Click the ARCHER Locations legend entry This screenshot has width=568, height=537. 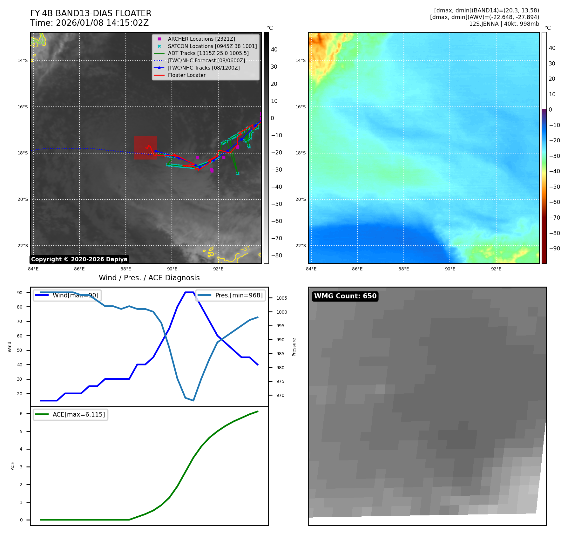click(x=201, y=39)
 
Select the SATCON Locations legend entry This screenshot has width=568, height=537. click(x=212, y=46)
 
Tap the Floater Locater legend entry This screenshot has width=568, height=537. click(x=186, y=75)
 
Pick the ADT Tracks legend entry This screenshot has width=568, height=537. click(x=208, y=53)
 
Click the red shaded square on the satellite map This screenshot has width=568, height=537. click(x=145, y=148)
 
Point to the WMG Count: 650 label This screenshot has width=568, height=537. click(x=345, y=296)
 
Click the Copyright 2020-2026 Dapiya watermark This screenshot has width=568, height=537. click(x=79, y=259)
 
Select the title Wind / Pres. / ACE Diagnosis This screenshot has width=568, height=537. click(x=149, y=278)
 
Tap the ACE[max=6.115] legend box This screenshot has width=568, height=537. click(x=71, y=414)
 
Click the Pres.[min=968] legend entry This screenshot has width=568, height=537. click(x=230, y=296)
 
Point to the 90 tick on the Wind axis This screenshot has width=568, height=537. click(x=20, y=293)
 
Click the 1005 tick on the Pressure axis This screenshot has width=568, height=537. click(x=281, y=298)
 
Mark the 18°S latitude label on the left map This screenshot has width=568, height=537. click(x=23, y=153)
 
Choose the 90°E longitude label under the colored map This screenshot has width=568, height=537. click(x=450, y=269)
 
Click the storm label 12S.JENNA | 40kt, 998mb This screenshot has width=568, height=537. click(x=504, y=24)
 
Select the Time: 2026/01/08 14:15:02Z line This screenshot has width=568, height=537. click(x=89, y=23)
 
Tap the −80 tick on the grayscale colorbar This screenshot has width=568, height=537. click(x=276, y=255)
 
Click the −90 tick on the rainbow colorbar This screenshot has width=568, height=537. click(x=554, y=248)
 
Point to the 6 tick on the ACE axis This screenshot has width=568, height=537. click(x=21, y=414)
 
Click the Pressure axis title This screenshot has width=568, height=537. click(x=294, y=347)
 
